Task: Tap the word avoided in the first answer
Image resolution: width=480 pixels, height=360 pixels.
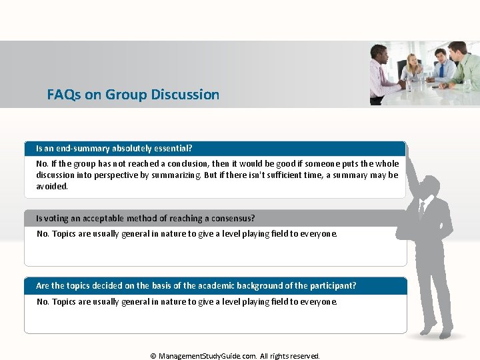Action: (x=51, y=186)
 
